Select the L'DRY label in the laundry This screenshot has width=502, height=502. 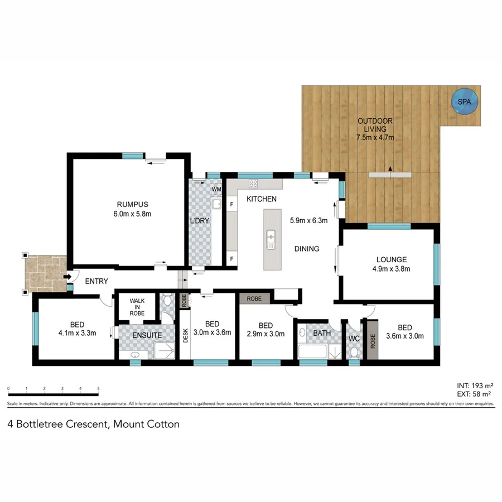tap(200, 221)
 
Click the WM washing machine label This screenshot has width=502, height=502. tap(216, 190)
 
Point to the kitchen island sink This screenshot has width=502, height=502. tap(271, 240)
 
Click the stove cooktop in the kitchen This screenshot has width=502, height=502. tap(253, 184)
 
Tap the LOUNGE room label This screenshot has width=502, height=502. tap(391, 259)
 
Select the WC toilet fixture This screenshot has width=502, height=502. tap(353, 351)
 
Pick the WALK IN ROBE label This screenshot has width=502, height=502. tap(137, 307)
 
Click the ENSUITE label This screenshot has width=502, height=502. tap(147, 335)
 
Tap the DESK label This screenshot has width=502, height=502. tap(186, 335)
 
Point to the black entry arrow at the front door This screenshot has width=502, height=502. tap(66, 276)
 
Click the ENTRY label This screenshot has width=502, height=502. tap(96, 282)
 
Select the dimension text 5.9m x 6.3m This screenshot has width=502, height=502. tap(308, 220)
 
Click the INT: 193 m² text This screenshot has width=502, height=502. tap(474, 385)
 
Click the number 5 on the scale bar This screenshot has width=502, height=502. tap(98, 388)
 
